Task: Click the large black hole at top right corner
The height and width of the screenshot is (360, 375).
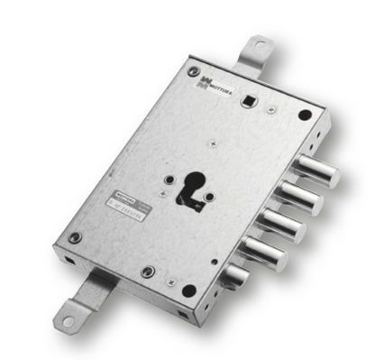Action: pyautogui.click(x=305, y=115)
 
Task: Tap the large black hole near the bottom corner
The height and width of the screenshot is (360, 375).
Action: pyautogui.click(x=188, y=291)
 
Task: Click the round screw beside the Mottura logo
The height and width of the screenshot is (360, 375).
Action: pyautogui.click(x=193, y=71)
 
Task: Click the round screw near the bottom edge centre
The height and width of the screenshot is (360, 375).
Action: pyautogui.click(x=148, y=272)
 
